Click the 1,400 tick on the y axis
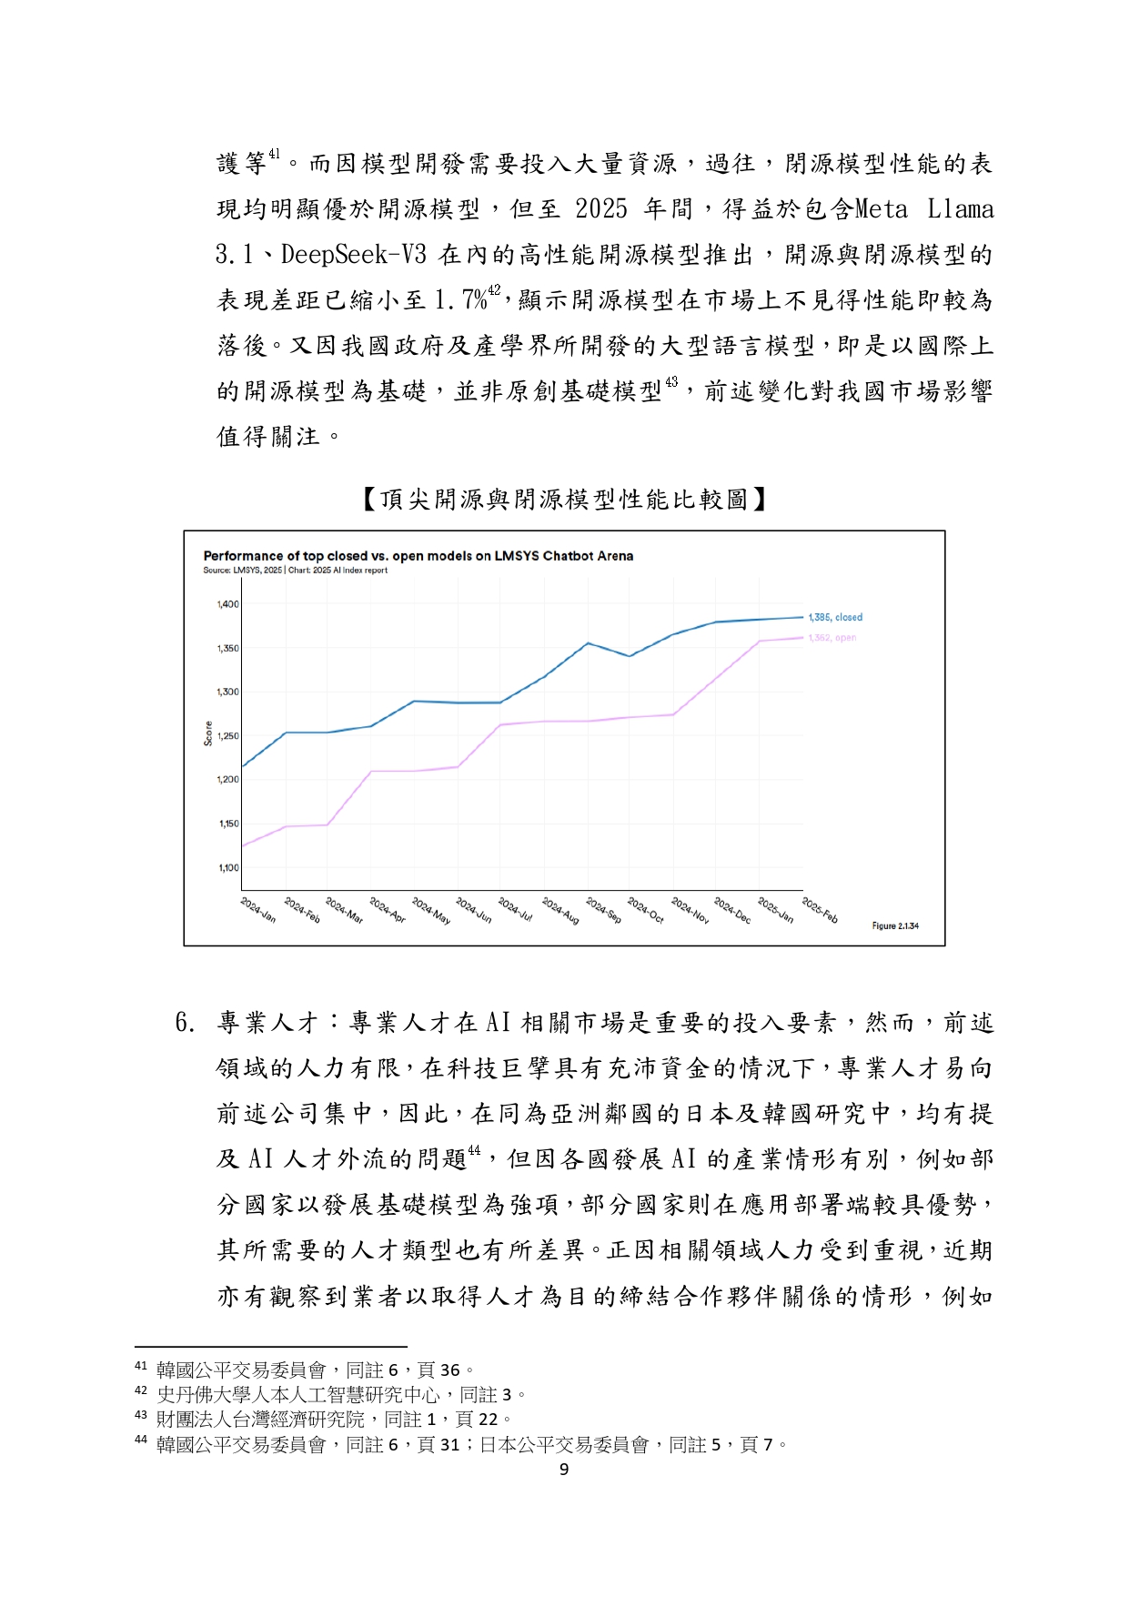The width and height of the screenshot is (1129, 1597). [227, 604]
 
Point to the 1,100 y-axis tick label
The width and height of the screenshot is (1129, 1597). [227, 868]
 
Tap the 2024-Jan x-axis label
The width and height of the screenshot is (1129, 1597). [258, 910]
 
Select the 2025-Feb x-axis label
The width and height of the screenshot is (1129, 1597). [820, 910]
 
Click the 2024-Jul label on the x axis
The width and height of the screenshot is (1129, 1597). [515, 910]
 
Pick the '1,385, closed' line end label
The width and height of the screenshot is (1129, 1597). [835, 617]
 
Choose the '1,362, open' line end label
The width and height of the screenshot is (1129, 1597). [832, 638]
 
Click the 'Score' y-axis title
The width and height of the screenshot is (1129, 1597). [208, 733]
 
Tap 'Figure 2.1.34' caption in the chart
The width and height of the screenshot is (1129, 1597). [895, 925]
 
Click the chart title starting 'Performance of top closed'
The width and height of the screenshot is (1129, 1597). [418, 556]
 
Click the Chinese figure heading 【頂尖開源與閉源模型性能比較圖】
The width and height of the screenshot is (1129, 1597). [564, 499]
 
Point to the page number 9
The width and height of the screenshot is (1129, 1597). [564, 1469]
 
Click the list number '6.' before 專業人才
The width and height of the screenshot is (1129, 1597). [185, 1023]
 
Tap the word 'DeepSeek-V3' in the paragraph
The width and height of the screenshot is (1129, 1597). [354, 255]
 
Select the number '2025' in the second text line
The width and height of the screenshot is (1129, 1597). [600, 209]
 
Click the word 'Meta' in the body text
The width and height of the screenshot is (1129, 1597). [881, 209]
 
